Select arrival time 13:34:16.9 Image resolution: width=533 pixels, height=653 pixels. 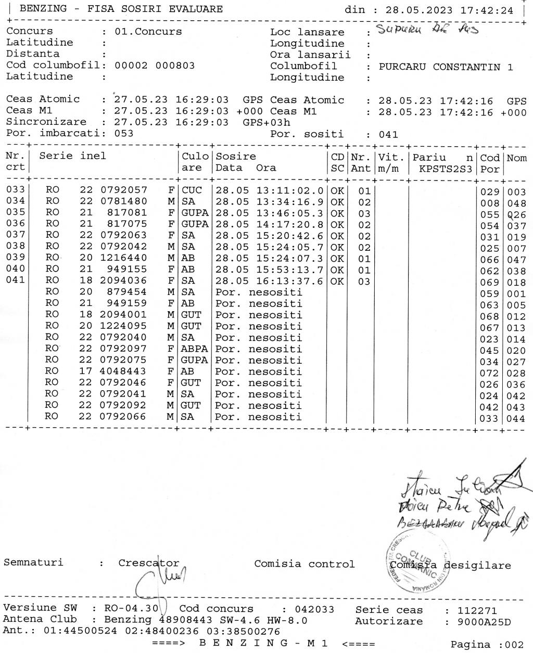tap(289, 202)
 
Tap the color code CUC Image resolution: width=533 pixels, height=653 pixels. tap(192, 190)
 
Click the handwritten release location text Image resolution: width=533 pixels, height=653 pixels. tap(426, 29)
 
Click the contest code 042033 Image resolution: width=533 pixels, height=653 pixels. tap(314, 609)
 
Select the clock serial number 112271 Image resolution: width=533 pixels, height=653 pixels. tap(477, 610)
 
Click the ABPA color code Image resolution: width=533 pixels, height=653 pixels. tap(194, 349)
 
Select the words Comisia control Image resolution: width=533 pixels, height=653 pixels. tap(304, 564)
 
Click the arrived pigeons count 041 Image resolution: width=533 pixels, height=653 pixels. tap(388, 134)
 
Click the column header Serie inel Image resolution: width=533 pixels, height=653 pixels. tap(72, 156)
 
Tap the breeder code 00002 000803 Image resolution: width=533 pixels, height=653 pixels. tap(155, 66)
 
